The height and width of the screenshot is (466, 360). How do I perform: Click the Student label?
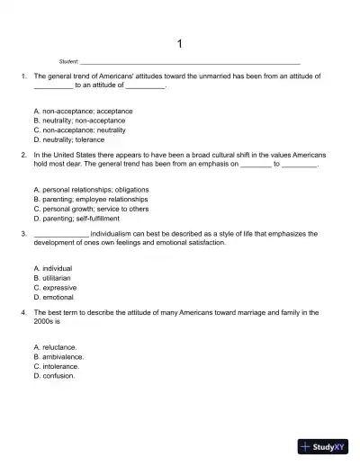[x=68, y=61]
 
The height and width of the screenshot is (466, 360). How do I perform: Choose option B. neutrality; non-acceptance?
[x=78, y=120]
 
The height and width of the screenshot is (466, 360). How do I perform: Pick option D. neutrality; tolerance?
[x=68, y=139]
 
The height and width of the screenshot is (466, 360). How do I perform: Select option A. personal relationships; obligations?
[x=90, y=190]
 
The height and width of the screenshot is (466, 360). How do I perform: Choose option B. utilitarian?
[x=53, y=277]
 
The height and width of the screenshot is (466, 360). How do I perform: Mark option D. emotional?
[x=53, y=297]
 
